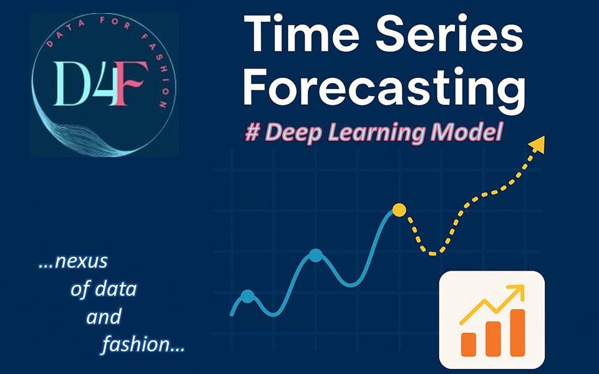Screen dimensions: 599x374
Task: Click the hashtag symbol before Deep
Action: tap(252, 132)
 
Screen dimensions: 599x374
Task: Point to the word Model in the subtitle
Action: tap(466, 132)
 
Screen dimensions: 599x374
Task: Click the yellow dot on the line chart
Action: tap(399, 210)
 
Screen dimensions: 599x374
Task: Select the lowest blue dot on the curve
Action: tap(248, 297)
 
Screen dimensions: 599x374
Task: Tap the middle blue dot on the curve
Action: tap(316, 256)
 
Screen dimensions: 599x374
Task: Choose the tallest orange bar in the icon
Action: tap(518, 332)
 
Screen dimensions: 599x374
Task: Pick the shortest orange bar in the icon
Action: tap(469, 345)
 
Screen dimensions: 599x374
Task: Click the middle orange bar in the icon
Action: tap(493, 339)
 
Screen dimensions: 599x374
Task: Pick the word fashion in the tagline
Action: tap(135, 344)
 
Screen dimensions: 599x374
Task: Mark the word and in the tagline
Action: tap(104, 317)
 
